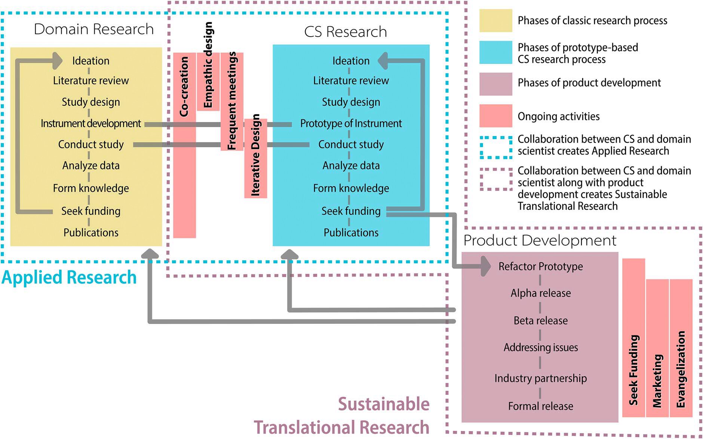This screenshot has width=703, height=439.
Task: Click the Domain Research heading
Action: click(93, 29)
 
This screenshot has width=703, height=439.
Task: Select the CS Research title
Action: click(345, 32)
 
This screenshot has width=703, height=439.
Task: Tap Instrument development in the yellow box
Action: click(91, 123)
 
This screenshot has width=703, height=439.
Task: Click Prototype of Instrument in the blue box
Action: click(351, 123)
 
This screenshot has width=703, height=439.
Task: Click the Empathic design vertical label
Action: click(208, 65)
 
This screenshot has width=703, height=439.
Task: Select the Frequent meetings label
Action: click(232, 101)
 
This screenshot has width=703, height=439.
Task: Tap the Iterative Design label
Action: click(255, 155)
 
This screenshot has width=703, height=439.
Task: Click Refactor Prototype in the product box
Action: click(540, 266)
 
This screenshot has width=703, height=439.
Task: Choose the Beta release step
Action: click(540, 320)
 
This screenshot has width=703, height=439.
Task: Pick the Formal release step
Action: click(540, 406)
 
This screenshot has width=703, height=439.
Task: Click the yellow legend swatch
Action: click(495, 21)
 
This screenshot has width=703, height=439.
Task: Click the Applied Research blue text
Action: click(69, 277)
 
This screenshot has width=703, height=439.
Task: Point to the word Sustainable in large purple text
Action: click(384, 404)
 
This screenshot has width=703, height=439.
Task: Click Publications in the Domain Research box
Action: click(91, 233)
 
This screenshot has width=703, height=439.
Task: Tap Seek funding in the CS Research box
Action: click(351, 211)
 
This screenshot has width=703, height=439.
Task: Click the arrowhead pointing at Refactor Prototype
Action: click(485, 266)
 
